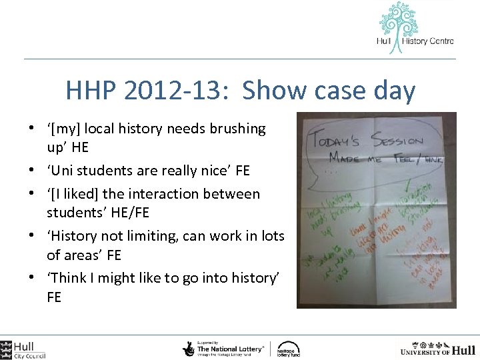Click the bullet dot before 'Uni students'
pos(33,171)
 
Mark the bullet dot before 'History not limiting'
pos(33,237)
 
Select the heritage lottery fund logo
pos(289,348)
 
